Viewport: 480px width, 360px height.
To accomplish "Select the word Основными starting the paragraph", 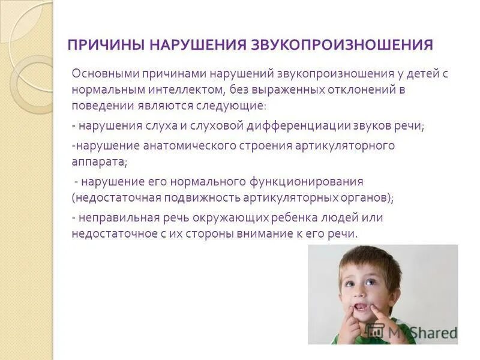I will pyautogui.click(x=104, y=74).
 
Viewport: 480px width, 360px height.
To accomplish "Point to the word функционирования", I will pyautogui.click(x=307, y=181).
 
